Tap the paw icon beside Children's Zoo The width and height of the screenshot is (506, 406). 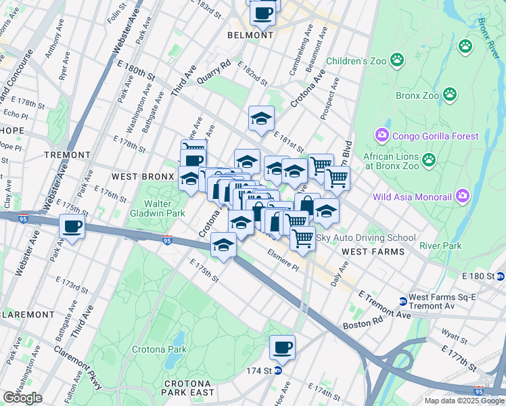[x=396, y=61]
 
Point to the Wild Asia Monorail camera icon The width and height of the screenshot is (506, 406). [x=462, y=197]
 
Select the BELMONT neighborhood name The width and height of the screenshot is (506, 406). [x=250, y=35]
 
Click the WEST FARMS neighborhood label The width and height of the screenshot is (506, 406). [x=373, y=252]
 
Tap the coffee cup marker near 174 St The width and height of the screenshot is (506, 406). [x=282, y=348]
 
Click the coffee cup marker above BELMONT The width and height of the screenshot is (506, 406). [x=262, y=12]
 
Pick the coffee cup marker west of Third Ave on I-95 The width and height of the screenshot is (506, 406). [x=72, y=227]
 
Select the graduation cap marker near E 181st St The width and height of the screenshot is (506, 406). [x=261, y=119]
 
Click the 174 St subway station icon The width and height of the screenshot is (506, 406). [x=277, y=371]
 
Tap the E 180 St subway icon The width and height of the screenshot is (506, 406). [x=501, y=276]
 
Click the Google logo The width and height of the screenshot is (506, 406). [x=22, y=398]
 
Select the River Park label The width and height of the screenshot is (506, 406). [x=440, y=246]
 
